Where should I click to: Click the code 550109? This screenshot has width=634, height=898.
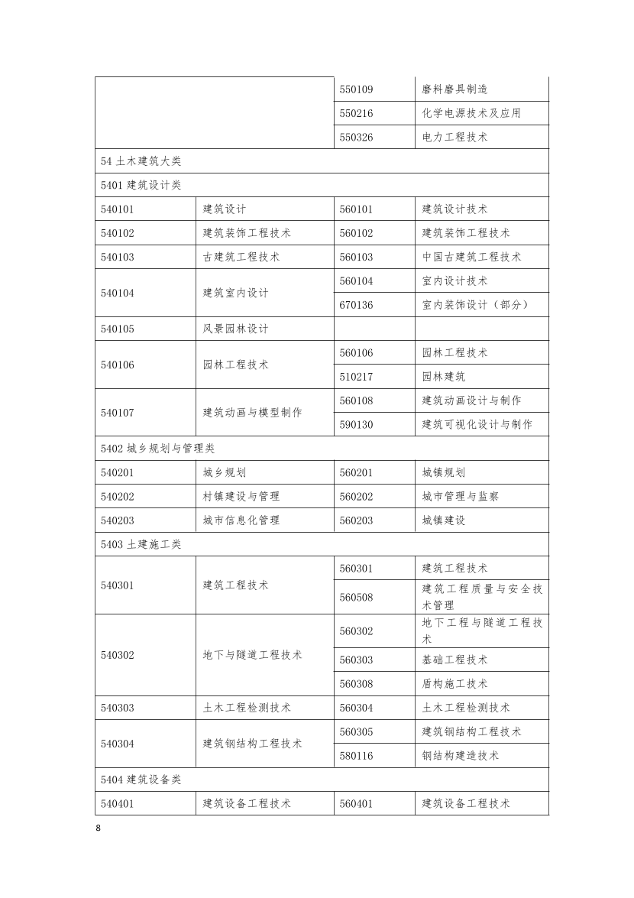point(356,89)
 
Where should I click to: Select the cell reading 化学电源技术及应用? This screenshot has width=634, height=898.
point(471,113)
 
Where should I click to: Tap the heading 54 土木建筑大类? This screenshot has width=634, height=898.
point(141,161)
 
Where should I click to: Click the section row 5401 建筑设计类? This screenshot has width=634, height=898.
point(141,185)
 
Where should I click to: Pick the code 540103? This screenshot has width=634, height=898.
point(117,257)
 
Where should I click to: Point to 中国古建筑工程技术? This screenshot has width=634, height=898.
point(471,257)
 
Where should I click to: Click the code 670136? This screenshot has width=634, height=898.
point(356,305)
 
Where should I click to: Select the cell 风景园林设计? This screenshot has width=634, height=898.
point(235,329)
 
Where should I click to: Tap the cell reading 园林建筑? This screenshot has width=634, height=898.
point(444,376)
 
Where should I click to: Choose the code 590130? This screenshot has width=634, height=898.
point(356,424)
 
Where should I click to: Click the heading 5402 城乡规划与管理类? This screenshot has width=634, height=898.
point(158,449)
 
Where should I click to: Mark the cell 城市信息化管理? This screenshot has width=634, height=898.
point(241,520)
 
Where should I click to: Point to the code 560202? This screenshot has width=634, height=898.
point(356,496)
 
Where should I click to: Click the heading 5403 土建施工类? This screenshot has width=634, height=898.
point(141,544)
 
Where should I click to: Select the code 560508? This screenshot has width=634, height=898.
point(356,597)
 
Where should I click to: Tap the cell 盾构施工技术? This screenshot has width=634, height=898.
point(454,683)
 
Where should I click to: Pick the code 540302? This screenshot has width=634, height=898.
point(117,655)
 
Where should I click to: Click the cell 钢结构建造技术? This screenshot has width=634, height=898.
point(460,755)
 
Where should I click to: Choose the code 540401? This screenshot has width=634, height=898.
point(117,803)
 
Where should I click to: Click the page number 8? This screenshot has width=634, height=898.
point(98,828)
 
